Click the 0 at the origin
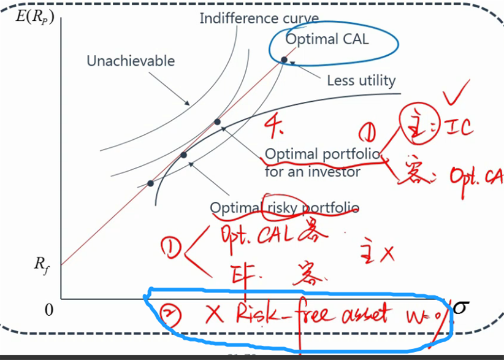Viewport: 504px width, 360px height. click(x=49, y=310)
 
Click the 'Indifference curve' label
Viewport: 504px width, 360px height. click(x=259, y=18)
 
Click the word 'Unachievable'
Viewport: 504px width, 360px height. click(x=131, y=61)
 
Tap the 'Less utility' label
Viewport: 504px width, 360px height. click(x=361, y=80)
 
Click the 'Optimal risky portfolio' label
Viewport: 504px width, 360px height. click(x=284, y=209)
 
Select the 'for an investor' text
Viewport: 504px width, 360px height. click(x=312, y=172)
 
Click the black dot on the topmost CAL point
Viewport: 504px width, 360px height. click(x=284, y=59)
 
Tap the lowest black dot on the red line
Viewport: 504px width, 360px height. click(x=151, y=183)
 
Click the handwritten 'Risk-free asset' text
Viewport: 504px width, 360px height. click(x=312, y=315)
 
